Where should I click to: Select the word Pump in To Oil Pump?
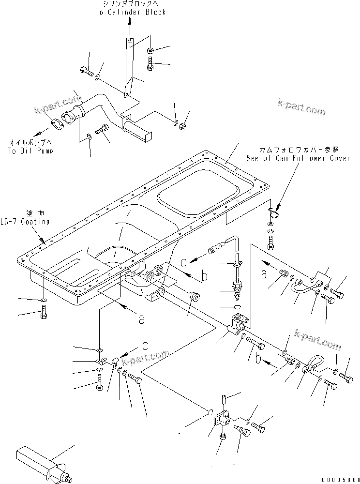tap(44, 151)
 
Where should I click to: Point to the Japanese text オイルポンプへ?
tap(30, 143)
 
